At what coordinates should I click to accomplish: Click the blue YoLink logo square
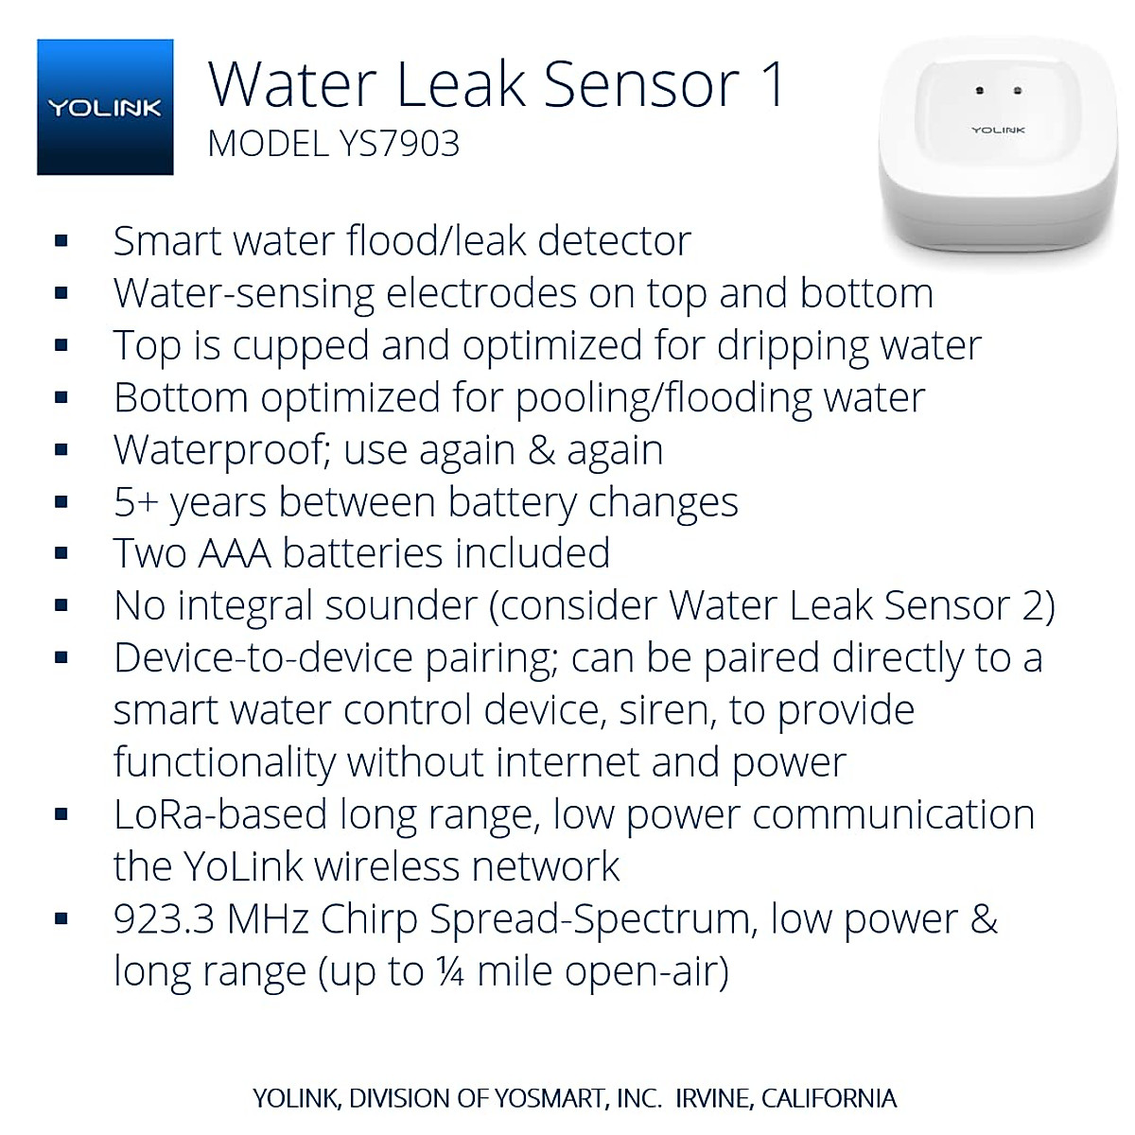click(105, 107)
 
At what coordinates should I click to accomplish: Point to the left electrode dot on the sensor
click(980, 92)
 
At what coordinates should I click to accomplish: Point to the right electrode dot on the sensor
click(1017, 92)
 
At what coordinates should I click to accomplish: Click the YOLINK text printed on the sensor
click(998, 130)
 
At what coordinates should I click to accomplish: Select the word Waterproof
click(219, 450)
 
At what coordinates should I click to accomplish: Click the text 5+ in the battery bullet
click(135, 502)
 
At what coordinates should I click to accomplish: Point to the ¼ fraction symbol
click(451, 972)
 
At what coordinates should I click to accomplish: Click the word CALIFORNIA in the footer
click(829, 1098)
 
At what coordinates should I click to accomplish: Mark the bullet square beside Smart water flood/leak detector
click(61, 241)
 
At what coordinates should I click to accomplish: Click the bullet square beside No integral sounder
click(61, 605)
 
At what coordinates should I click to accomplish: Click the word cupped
click(301, 346)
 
